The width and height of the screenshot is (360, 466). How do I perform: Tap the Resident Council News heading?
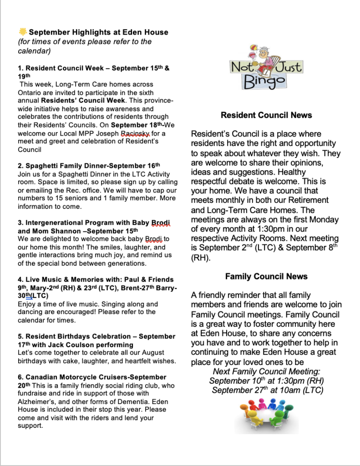(266, 116)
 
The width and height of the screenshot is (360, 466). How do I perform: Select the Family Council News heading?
(266, 277)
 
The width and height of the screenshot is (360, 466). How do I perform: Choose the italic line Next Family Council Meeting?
(266, 371)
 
